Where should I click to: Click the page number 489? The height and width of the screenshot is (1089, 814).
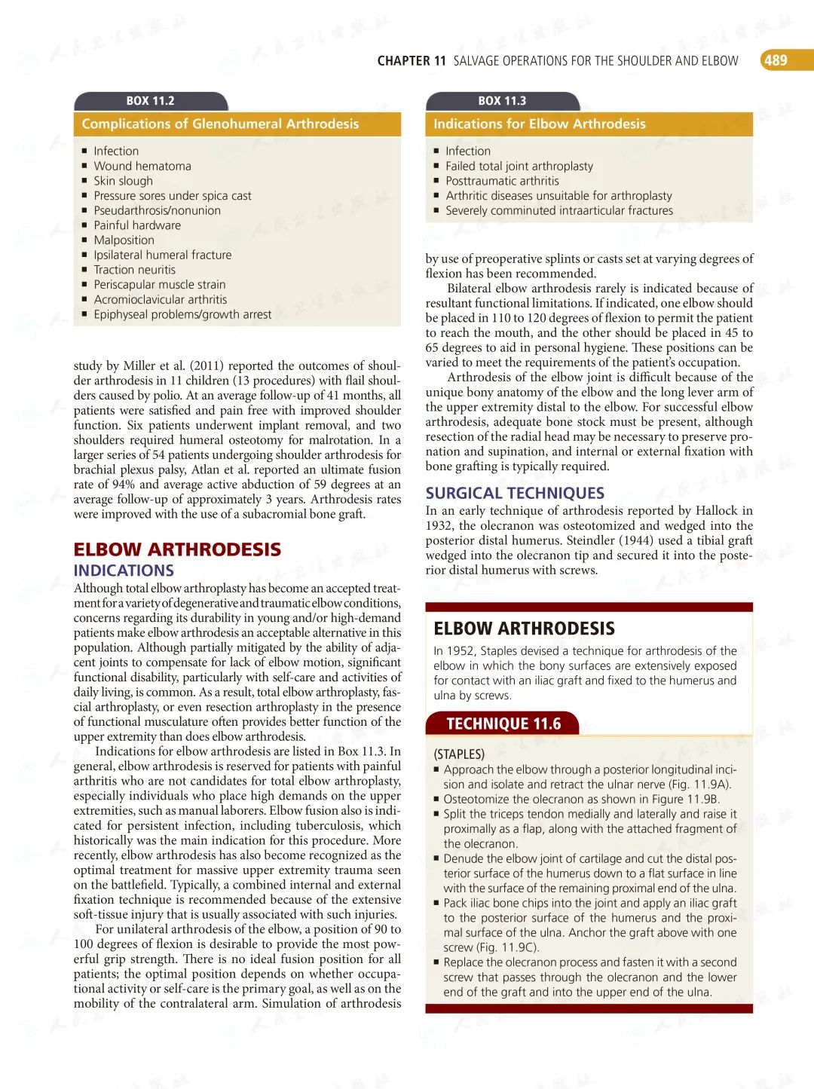click(776, 60)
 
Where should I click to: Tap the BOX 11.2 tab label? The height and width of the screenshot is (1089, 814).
click(150, 101)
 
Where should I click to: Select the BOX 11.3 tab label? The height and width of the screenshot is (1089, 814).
click(502, 101)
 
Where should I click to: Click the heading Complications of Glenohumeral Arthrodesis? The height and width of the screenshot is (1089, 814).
click(220, 124)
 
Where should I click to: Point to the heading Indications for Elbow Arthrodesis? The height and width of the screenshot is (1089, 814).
click(540, 124)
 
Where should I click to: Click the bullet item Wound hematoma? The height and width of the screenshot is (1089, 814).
click(142, 166)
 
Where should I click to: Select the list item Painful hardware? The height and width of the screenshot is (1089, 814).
click(137, 225)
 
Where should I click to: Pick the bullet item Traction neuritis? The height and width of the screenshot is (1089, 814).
click(134, 270)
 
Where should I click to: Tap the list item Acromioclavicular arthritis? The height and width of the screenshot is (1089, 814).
click(161, 299)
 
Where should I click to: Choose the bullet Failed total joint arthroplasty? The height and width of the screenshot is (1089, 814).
click(519, 166)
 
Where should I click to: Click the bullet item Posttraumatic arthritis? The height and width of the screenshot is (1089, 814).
click(502, 181)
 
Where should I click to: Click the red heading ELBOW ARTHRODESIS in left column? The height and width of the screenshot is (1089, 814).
click(177, 549)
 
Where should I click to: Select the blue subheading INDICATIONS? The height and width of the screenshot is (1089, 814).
click(124, 571)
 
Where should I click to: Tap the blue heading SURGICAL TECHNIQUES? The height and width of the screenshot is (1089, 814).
click(515, 493)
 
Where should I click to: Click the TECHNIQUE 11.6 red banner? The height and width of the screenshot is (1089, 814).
click(503, 724)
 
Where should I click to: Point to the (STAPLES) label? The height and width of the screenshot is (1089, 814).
click(459, 754)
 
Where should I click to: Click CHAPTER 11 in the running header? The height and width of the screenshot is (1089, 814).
click(412, 61)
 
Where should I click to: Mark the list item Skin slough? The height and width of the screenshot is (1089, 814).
click(123, 181)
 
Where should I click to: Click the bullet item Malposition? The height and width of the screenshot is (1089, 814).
click(124, 240)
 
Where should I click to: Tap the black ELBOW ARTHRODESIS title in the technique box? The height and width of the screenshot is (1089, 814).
click(524, 629)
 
